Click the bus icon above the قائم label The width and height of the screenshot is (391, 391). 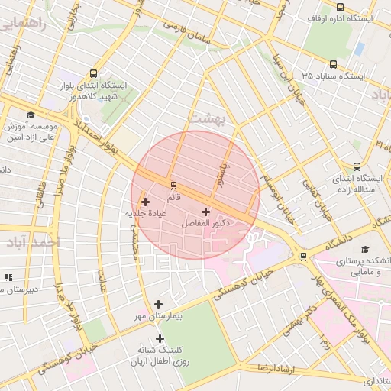(x=173, y=185)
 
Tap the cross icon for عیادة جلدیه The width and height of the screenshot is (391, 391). (x=145, y=202)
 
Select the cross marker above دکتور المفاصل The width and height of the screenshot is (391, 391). (x=205, y=211)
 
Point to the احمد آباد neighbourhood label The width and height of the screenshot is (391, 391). (x=31, y=243)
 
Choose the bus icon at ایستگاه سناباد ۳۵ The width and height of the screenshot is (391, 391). (x=333, y=65)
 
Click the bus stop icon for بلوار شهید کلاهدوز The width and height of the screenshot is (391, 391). (x=93, y=74)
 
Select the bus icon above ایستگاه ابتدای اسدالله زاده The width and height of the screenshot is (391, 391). (x=357, y=166)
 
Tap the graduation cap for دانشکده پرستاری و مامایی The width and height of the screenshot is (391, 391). (x=364, y=250)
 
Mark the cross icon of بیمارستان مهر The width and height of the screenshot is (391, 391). (x=158, y=304)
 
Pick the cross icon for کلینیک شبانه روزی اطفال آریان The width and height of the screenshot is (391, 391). (x=160, y=338)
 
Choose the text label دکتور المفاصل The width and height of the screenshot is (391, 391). (x=206, y=224)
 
